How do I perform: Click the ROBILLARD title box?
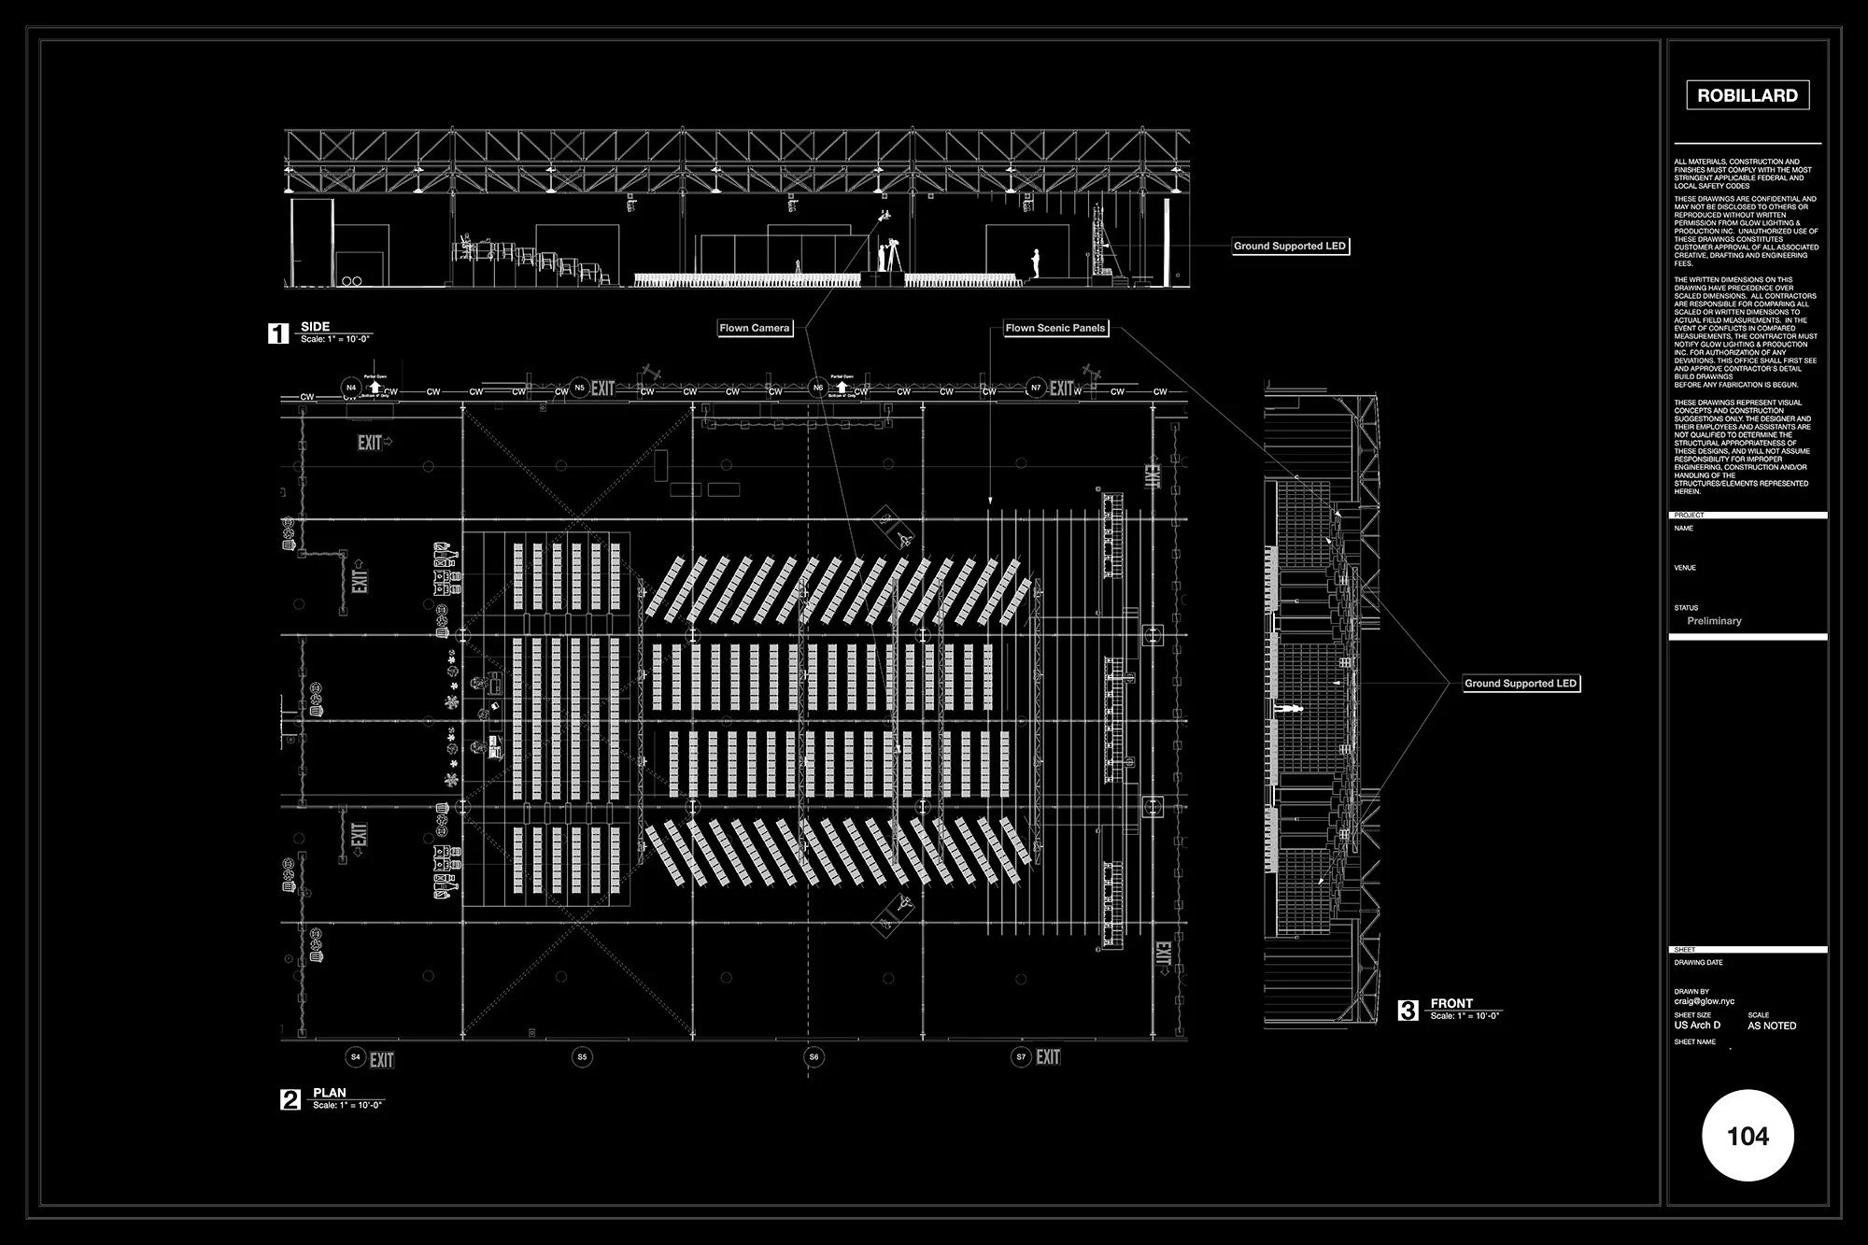pos(1748,95)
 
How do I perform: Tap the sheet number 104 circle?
pos(1748,1136)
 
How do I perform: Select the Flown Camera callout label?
pos(755,328)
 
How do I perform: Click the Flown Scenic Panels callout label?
pos(1055,328)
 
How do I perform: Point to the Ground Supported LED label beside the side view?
pos(1290,247)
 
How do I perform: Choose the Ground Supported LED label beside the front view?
pos(1521,684)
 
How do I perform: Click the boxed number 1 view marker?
pos(278,333)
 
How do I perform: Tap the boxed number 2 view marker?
pos(290,1099)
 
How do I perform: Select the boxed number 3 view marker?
pos(1408,1010)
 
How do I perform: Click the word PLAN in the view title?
pos(330,1092)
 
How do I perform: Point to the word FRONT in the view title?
pos(1451,1003)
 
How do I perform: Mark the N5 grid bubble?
pos(579,388)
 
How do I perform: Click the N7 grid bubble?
pos(1035,388)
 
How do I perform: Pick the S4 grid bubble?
pos(355,1057)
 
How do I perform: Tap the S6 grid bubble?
pos(814,1057)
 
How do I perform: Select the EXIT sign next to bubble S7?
pos(1048,1056)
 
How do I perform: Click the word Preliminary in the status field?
pos(1714,621)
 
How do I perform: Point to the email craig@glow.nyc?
pos(1705,1001)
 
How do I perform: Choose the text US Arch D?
pos(1697,1026)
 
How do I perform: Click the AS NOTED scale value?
pos(1772,1026)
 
